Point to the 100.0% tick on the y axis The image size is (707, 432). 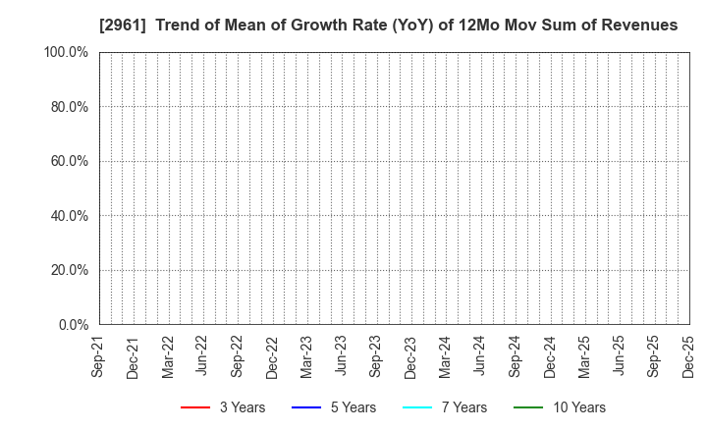(x=66, y=52)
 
